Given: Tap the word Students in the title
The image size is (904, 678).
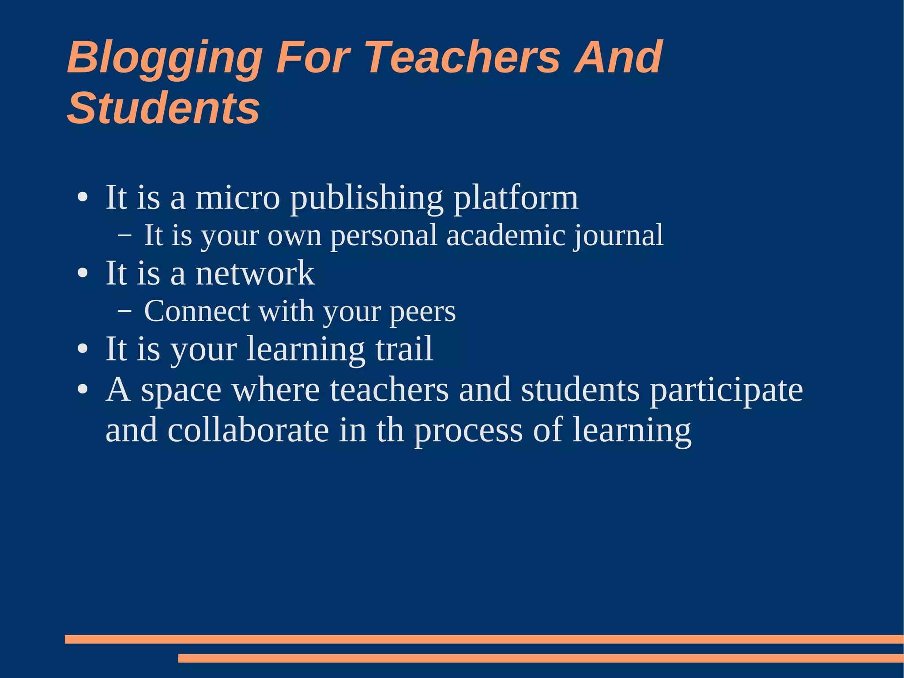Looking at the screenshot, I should pos(163,108).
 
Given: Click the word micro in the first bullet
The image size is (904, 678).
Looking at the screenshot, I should pos(237,197).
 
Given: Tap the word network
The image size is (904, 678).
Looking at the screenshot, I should pos(255,273).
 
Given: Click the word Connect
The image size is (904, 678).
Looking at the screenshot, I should pos(197,311).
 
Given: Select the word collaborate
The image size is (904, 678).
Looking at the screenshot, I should pos(248,431).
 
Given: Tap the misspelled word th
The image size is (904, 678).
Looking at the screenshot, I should pos(390,431).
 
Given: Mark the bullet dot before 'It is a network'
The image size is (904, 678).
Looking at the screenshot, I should pos(83,273).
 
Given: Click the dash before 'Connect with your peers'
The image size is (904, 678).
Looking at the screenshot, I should pos(124,311).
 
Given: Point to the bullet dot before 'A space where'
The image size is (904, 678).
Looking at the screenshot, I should pos(83,390).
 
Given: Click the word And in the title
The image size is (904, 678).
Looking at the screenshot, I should pos(618,57).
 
